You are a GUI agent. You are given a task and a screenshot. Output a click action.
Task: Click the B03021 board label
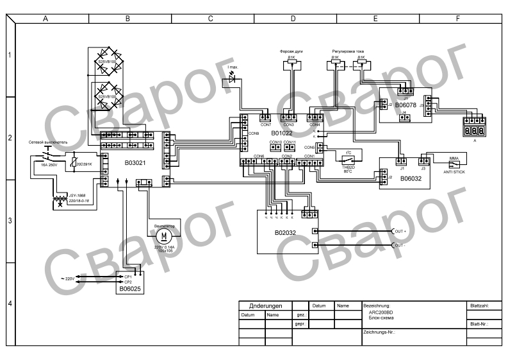(136, 163)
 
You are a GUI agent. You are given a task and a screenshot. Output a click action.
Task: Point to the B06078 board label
(406, 104)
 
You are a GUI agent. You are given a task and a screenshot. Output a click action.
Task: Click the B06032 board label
(406, 180)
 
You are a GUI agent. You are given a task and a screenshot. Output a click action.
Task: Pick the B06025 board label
(130, 289)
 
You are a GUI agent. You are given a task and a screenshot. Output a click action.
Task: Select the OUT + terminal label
(400, 231)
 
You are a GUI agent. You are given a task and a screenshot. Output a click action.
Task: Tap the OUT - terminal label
(400, 245)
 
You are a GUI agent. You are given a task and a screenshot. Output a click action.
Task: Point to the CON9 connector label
(253, 133)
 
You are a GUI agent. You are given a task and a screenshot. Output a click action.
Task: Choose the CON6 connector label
(259, 156)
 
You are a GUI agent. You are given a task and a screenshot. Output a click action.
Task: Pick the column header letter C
(211, 19)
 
